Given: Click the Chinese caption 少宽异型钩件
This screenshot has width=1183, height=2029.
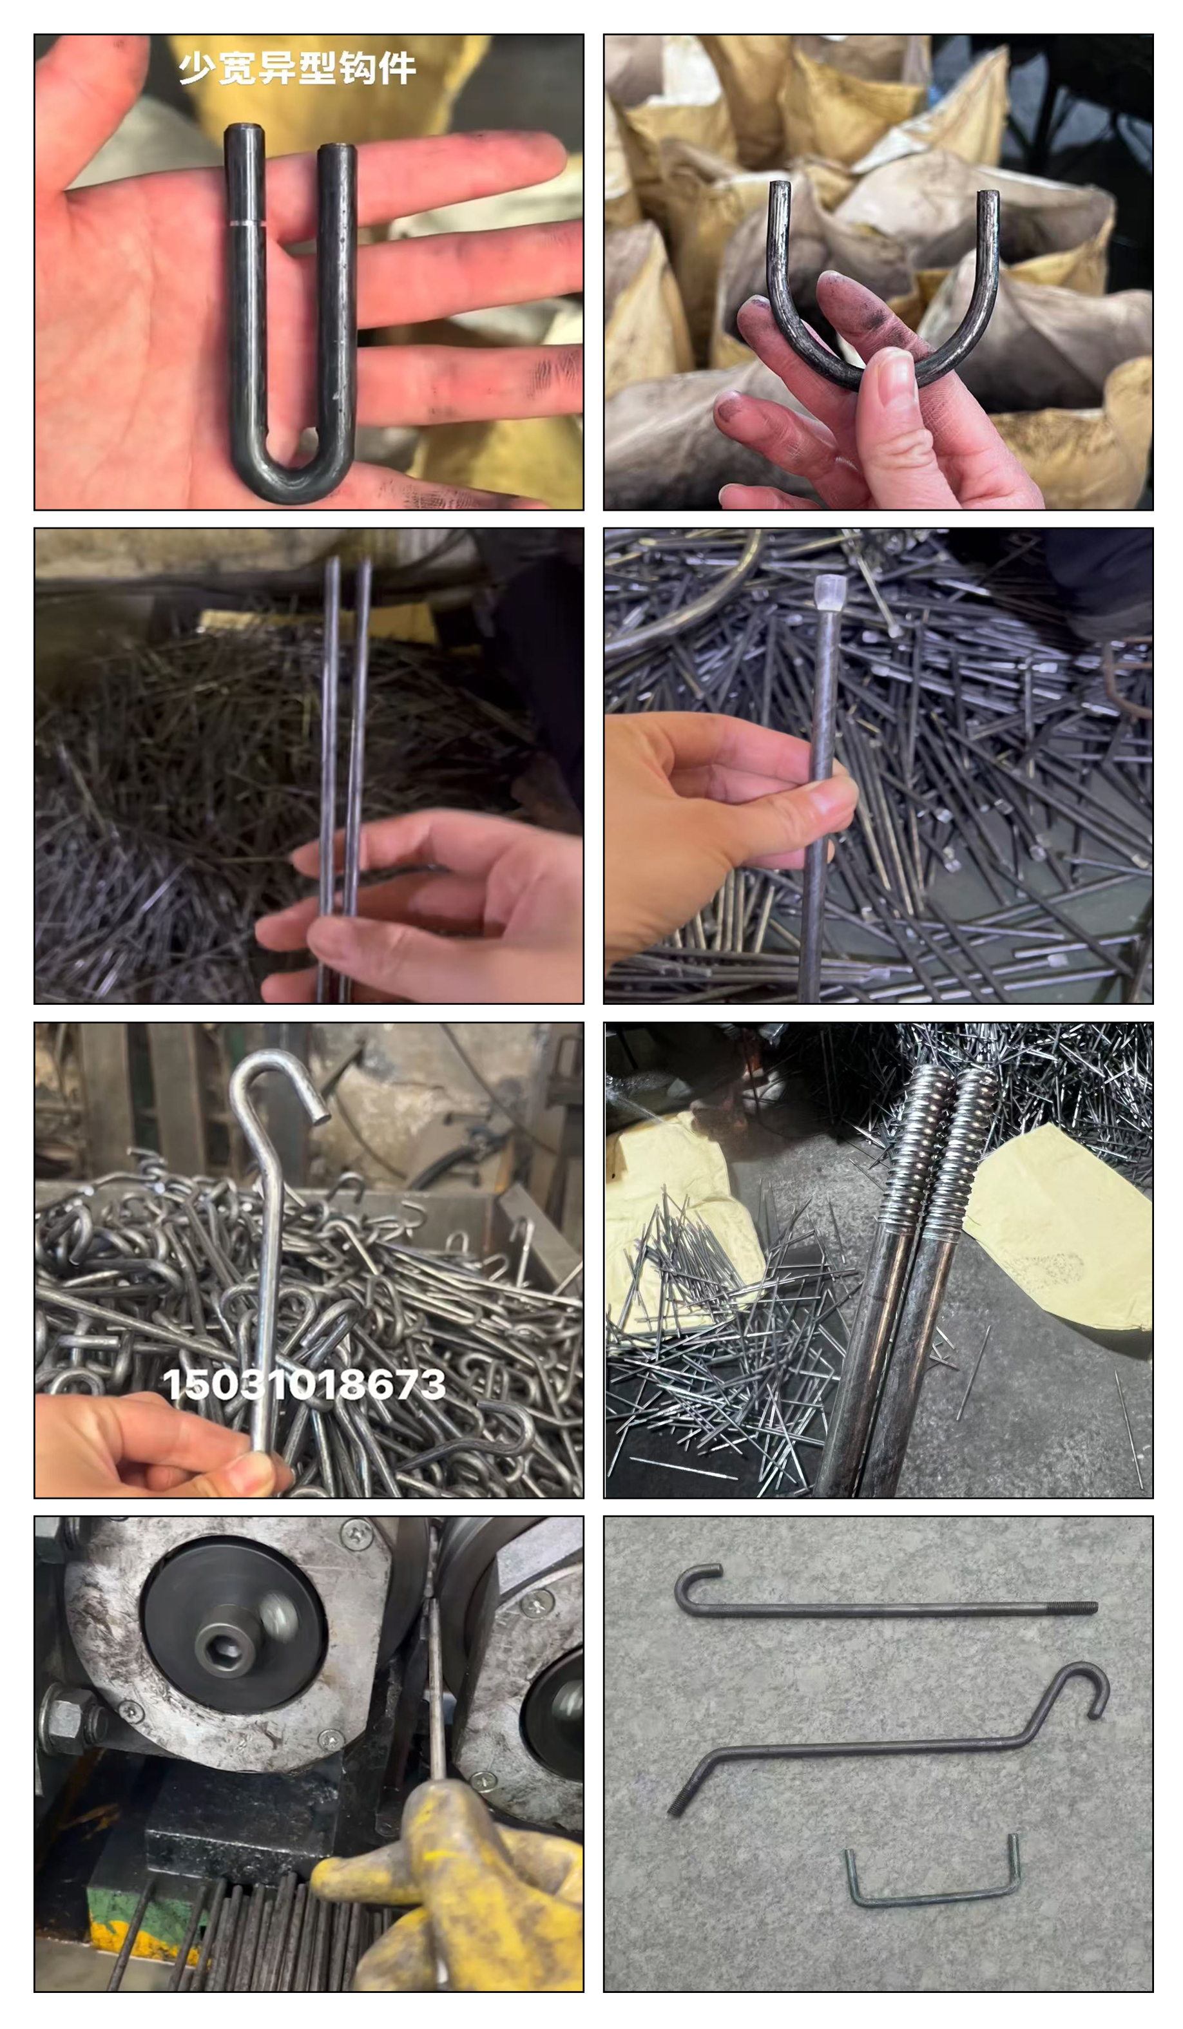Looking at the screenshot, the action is point(296,68).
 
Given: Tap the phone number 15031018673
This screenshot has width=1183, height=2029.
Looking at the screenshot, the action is point(303,1384).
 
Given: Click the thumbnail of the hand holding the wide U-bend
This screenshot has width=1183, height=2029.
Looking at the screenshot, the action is point(878,271).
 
